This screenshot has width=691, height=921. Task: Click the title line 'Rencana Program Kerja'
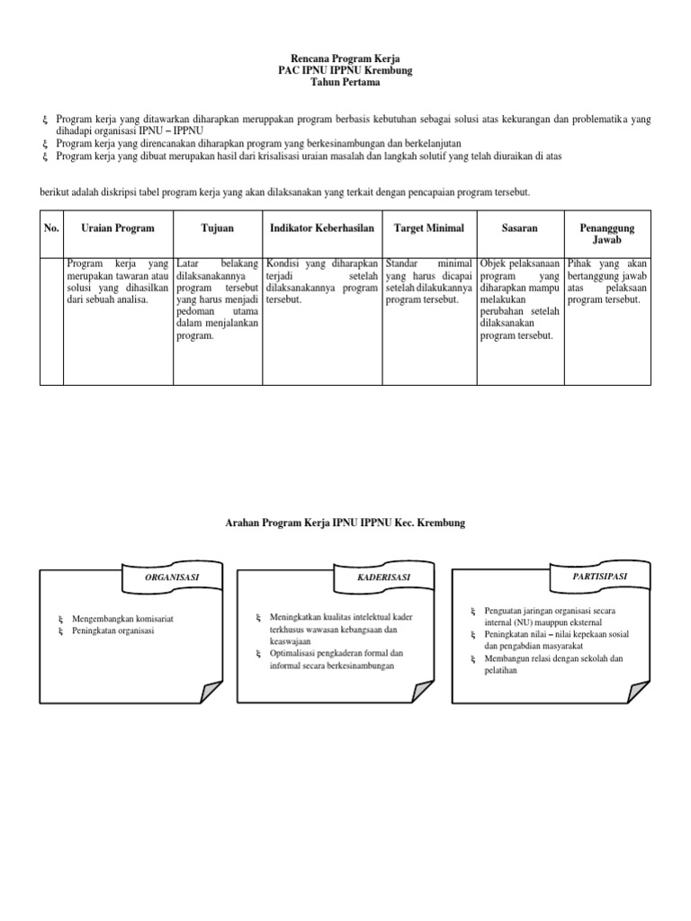(345, 56)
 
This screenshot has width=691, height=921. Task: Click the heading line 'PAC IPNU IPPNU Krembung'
(345, 69)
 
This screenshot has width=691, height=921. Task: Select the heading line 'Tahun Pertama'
(345, 83)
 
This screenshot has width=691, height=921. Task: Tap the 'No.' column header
(51, 228)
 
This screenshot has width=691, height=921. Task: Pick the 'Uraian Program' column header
(118, 228)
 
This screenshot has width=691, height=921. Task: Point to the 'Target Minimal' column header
(429, 228)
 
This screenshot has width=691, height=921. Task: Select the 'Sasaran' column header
(520, 228)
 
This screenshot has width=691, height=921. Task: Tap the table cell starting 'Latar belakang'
(219, 300)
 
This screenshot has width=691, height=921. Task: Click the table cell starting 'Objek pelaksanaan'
(520, 300)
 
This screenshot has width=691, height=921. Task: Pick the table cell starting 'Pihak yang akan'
(607, 282)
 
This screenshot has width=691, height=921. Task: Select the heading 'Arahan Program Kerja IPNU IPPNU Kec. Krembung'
(345, 523)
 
